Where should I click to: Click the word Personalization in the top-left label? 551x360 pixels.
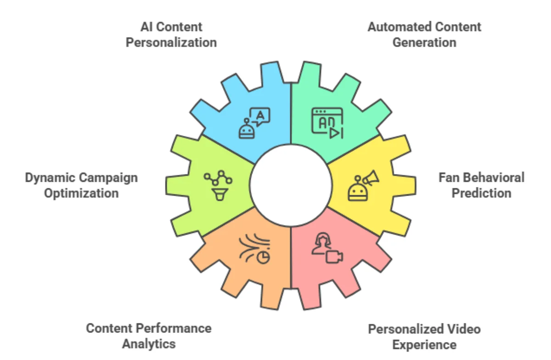tap(171, 43)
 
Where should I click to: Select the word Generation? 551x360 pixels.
tap(424, 43)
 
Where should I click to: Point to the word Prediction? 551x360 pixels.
tap(481, 193)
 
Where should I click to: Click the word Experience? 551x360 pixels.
tap(424, 344)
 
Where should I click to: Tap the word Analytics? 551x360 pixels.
tap(149, 343)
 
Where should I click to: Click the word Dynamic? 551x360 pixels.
tap(50, 177)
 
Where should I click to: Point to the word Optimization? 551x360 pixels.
tap(81, 193)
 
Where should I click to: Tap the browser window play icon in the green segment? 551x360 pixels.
tap(327, 123)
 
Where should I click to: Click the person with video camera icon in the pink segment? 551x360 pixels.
tap(327, 249)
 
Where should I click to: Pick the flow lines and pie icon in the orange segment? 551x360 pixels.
tap(254, 249)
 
